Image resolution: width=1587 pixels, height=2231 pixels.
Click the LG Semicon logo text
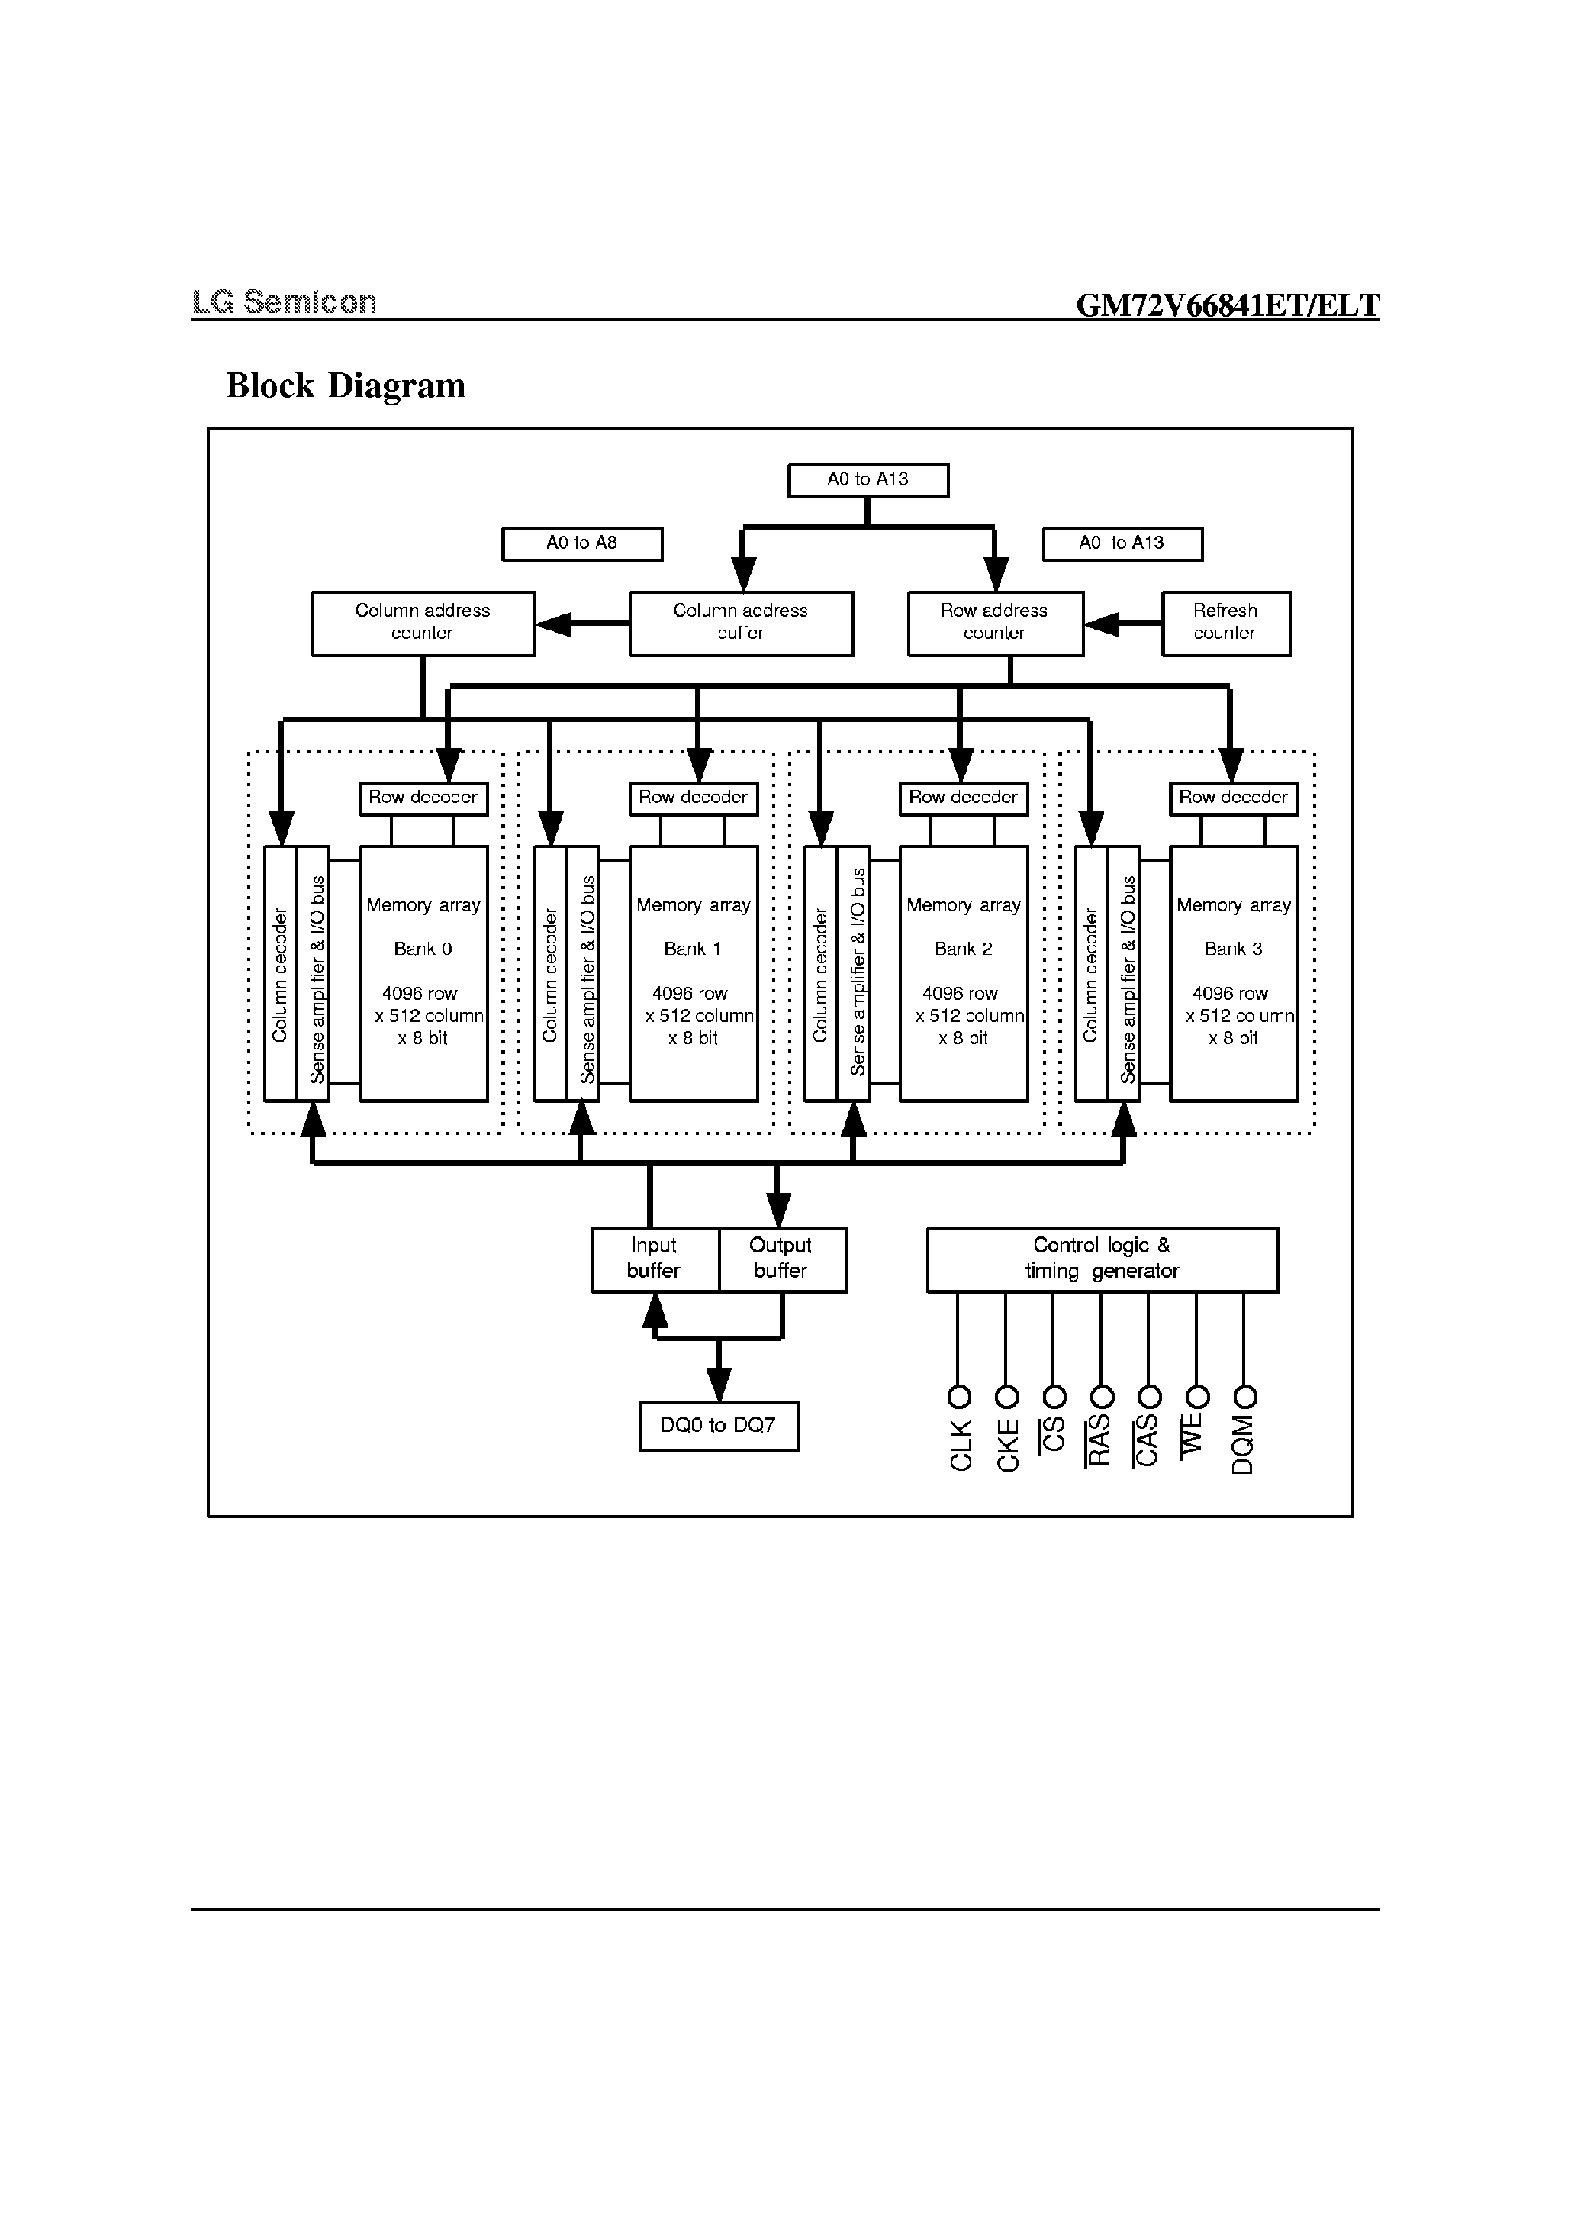tap(283, 302)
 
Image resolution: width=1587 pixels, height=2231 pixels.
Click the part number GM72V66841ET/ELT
tap(1228, 306)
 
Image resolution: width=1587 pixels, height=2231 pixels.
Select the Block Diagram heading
tap(345, 385)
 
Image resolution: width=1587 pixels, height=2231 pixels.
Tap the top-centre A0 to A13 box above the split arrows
tap(868, 480)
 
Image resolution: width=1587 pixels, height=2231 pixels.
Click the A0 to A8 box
tap(581, 543)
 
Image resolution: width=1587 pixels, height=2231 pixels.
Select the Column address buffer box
tap(740, 623)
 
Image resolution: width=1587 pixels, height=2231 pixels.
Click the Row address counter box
tap(994, 623)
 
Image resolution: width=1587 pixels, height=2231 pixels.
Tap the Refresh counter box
tap(1225, 623)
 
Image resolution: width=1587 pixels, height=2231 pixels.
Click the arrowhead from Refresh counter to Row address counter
tap(1101, 624)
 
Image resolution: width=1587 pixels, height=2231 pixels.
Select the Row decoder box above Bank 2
tap(963, 798)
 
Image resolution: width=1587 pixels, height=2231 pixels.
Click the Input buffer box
tap(654, 1259)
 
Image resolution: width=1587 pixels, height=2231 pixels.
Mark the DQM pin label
tap(1242, 1444)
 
